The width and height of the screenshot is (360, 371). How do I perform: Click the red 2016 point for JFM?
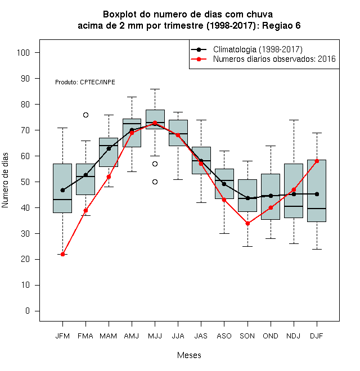(63, 254)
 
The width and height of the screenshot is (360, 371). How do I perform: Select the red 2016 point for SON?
(247, 223)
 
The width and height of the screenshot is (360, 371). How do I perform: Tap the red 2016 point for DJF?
(317, 161)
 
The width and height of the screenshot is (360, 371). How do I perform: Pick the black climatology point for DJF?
(317, 194)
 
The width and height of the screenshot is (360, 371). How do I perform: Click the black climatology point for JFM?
(63, 190)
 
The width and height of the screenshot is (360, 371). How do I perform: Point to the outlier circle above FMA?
(85, 115)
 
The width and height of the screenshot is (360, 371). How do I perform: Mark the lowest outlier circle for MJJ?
(155, 182)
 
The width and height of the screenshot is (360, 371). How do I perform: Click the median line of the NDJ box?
(294, 206)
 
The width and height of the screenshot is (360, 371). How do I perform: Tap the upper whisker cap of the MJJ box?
(155, 89)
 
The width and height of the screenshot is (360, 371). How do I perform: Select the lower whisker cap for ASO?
(224, 233)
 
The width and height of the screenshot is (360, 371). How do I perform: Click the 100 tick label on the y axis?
(23, 52)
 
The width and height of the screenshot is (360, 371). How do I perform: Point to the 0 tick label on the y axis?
(28, 311)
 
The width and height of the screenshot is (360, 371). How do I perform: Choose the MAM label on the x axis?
(109, 336)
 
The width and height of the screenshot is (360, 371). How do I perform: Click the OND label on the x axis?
(271, 336)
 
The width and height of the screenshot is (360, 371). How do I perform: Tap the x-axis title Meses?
(189, 355)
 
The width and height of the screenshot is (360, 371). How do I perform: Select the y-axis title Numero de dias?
(5, 180)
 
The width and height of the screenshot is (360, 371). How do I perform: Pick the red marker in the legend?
(199, 59)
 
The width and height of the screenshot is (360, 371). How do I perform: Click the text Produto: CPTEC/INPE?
(85, 82)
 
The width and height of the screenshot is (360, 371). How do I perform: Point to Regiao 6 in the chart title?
(281, 25)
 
